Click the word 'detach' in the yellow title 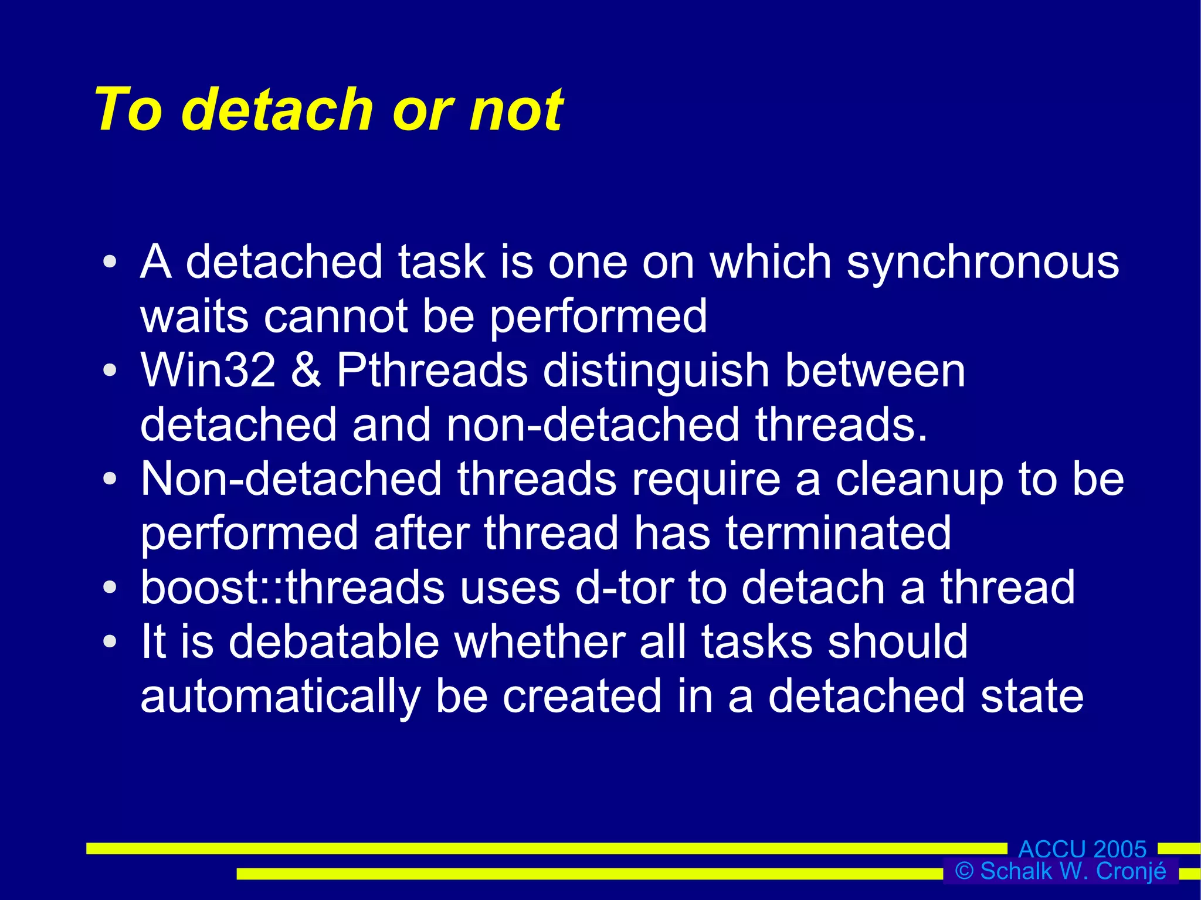tap(280, 109)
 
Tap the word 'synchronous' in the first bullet tap(983, 262)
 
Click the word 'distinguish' tap(656, 372)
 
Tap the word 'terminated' tap(838, 534)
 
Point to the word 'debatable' tap(334, 642)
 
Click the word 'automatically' tap(280, 697)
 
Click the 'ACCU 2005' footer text tap(1082, 848)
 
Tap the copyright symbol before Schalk tap(964, 871)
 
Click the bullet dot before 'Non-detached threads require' tap(110, 479)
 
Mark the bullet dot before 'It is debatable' tap(110, 641)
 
